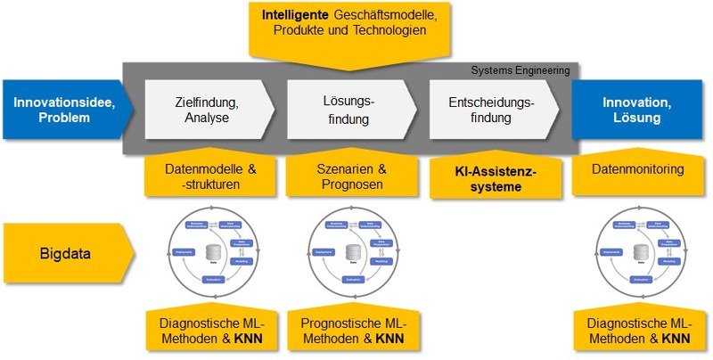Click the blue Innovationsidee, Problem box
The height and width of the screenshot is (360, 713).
pos(62,110)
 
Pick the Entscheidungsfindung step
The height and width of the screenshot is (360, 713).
pos(491,110)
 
